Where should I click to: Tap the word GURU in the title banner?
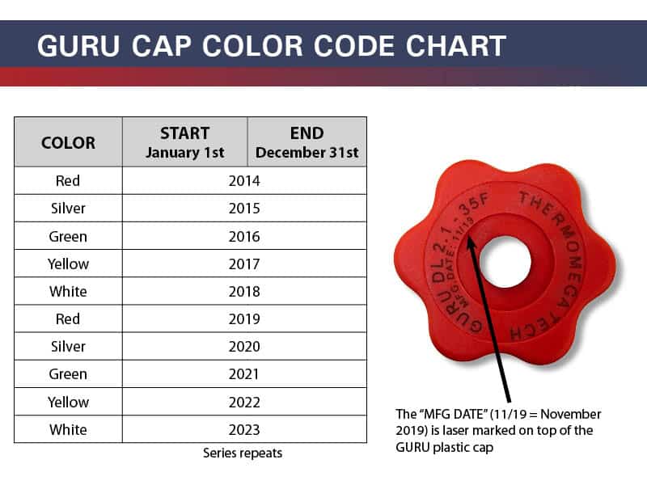(x=78, y=45)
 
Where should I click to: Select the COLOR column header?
(x=69, y=143)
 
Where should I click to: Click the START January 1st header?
(x=185, y=143)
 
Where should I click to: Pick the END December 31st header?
(x=307, y=143)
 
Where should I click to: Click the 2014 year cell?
(x=244, y=180)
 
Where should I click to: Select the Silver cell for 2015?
(x=68, y=209)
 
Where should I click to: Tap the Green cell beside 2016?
(x=68, y=236)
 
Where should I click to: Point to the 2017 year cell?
(x=244, y=264)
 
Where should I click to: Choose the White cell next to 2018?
(x=68, y=292)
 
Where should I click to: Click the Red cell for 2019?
(x=68, y=318)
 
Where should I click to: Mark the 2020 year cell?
(x=244, y=347)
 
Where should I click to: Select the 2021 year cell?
(x=244, y=374)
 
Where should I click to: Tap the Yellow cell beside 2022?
(x=68, y=402)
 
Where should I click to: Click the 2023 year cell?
(x=244, y=430)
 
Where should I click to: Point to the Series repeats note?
(x=243, y=453)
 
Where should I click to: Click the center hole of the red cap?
(x=505, y=263)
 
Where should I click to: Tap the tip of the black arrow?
(x=469, y=236)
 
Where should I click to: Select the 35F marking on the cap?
(x=474, y=205)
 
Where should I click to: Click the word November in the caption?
(x=571, y=414)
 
